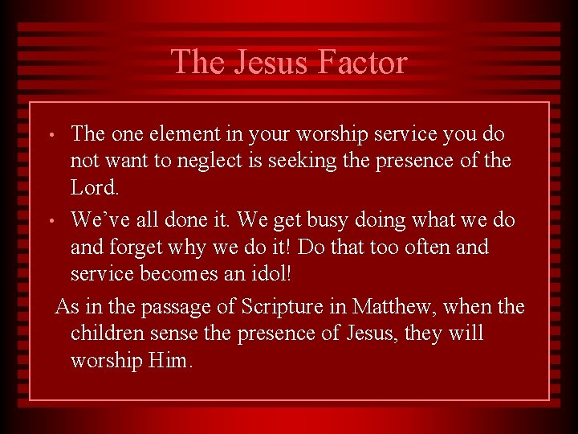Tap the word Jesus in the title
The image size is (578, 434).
click(x=267, y=62)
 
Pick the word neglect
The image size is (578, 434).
click(x=222, y=161)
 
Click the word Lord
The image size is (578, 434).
click(x=94, y=187)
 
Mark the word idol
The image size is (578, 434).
click(x=269, y=273)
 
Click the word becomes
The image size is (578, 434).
click(x=176, y=273)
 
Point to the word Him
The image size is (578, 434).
click(x=170, y=360)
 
